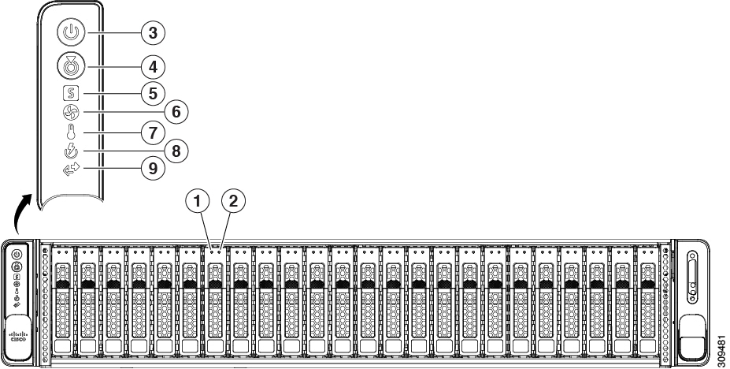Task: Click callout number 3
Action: [x=154, y=32]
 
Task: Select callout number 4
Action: [x=154, y=67]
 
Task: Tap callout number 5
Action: [x=154, y=94]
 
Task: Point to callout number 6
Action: [x=176, y=112]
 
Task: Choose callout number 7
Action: [x=154, y=132]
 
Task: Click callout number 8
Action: [x=176, y=151]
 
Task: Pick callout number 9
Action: [x=154, y=168]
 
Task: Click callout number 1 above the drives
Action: [x=198, y=201]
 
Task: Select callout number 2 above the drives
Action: [x=233, y=201]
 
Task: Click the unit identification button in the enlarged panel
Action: [x=71, y=66]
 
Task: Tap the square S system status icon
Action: [x=71, y=94]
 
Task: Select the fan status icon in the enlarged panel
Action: [x=71, y=112]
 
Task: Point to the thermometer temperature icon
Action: [x=71, y=132]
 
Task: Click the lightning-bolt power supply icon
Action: [x=71, y=151]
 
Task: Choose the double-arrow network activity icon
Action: [x=71, y=169]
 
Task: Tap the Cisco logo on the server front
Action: [x=17, y=337]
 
